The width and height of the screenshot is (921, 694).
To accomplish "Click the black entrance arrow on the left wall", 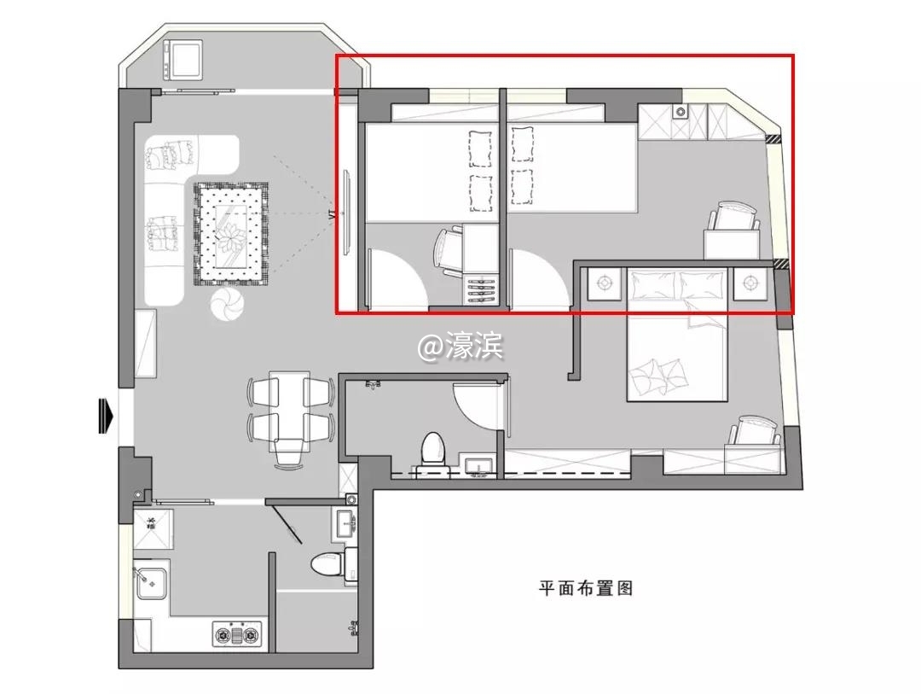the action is click(x=106, y=416).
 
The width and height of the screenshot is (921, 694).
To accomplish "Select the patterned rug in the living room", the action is click(x=231, y=234).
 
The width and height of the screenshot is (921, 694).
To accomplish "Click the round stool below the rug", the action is click(x=227, y=304).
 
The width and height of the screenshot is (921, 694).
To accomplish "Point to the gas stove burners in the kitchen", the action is click(x=237, y=634).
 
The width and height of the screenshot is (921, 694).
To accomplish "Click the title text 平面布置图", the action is click(x=586, y=587).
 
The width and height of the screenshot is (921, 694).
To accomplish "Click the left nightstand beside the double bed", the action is click(x=604, y=283).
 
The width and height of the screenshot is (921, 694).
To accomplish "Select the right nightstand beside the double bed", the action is click(x=750, y=283).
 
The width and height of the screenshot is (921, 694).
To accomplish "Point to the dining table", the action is click(x=289, y=410).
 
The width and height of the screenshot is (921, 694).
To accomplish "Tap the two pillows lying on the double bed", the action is click(x=657, y=376).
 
